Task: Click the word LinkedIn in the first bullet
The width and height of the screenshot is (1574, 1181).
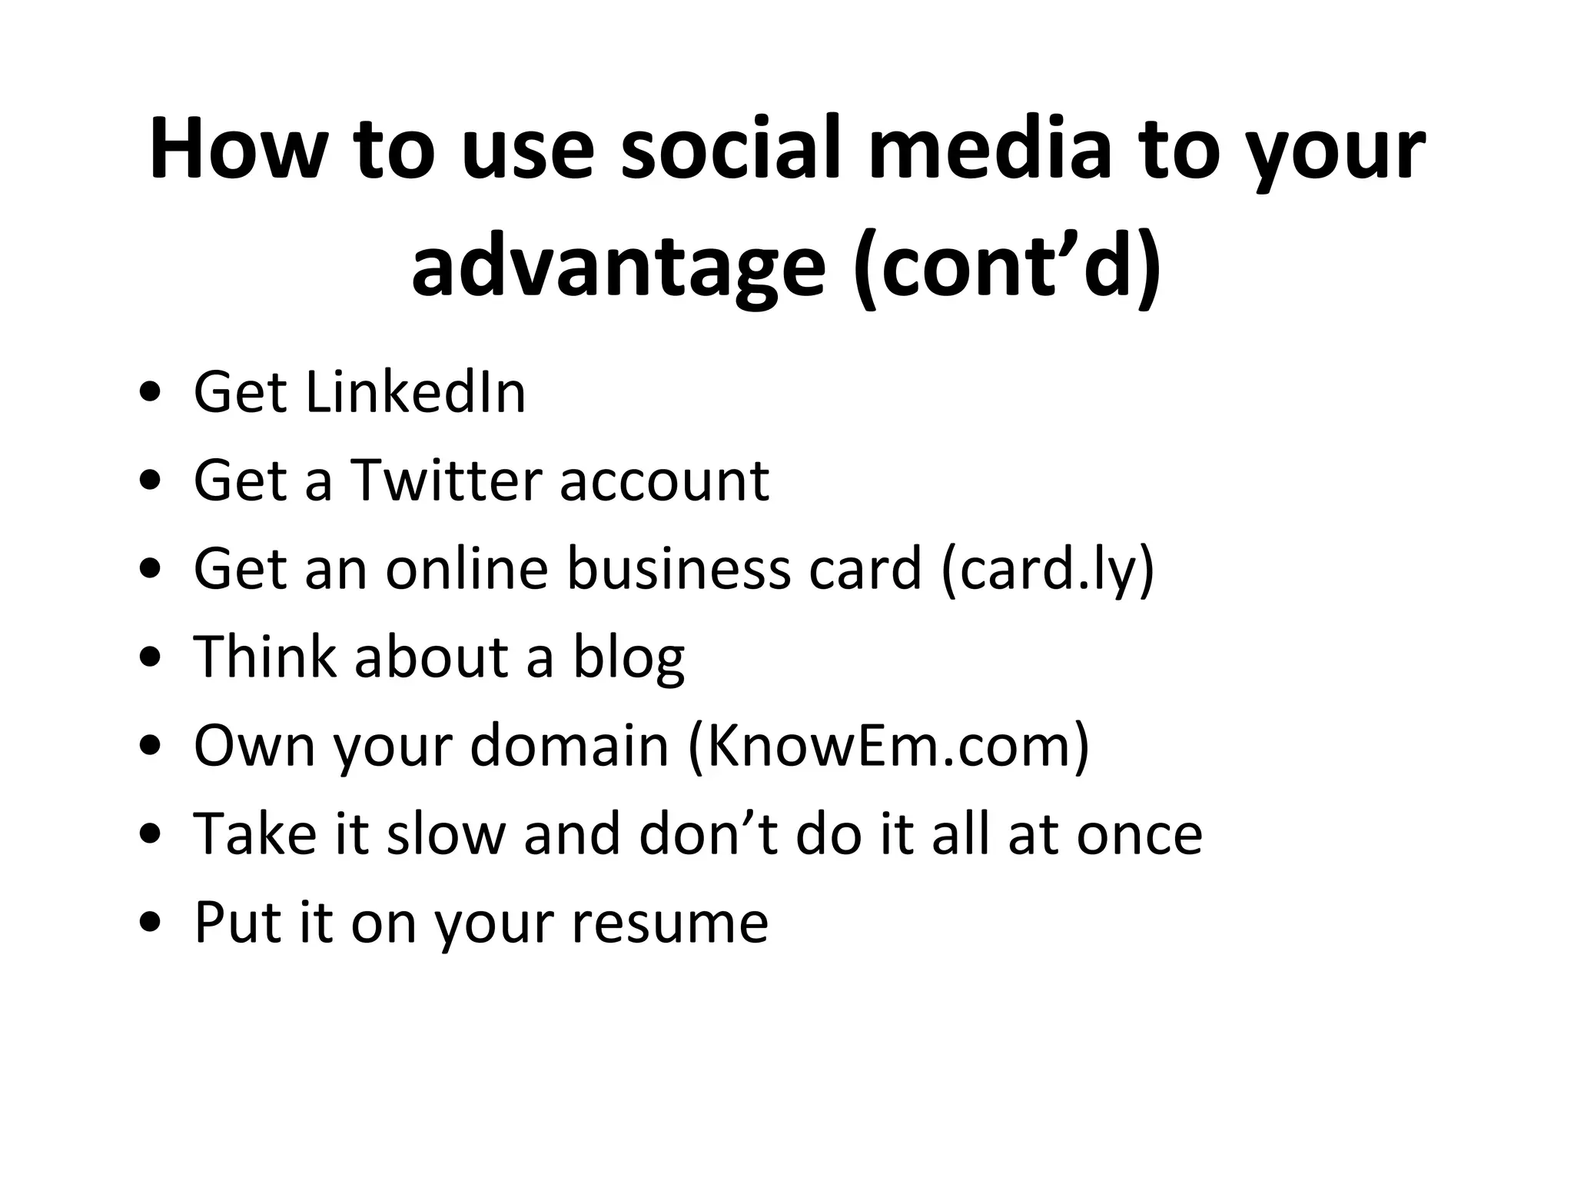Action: coord(415,393)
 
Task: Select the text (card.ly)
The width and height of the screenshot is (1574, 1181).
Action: coord(1048,570)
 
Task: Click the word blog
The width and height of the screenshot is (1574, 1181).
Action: coord(628,658)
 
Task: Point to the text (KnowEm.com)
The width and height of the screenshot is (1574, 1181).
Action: coord(888,746)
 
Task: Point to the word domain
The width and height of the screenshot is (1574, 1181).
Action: coord(569,746)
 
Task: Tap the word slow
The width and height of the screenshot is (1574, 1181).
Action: coord(444,834)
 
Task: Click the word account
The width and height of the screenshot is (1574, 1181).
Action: coord(664,481)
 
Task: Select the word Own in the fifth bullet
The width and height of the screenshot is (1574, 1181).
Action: coord(254,746)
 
